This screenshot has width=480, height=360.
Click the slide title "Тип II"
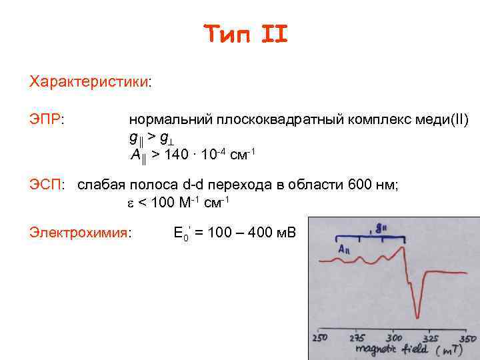click(x=245, y=33)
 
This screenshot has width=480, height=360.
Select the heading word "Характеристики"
click(x=89, y=82)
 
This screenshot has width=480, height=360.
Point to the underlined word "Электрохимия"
click(x=79, y=233)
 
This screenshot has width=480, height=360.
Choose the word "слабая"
click(x=101, y=185)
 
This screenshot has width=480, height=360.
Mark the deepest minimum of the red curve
click(x=417, y=316)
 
